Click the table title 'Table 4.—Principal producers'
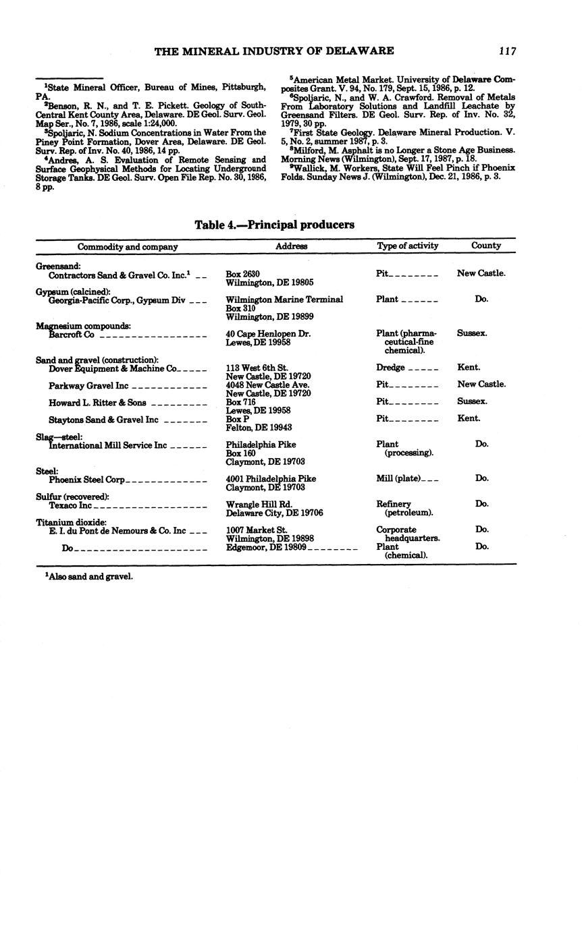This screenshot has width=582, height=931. [x=274, y=225]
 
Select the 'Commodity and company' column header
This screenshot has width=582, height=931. [x=128, y=247]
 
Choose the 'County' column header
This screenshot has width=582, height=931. [x=486, y=246]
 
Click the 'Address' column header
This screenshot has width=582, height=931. [x=292, y=247]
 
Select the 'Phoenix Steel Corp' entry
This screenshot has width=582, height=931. [x=87, y=480]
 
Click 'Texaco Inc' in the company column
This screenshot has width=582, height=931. [x=70, y=505]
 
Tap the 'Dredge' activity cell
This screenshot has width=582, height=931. [x=390, y=368]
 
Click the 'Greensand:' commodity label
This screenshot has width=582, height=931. [x=58, y=266]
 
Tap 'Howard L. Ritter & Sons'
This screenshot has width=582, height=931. [x=97, y=403]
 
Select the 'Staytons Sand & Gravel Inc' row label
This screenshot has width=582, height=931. [x=103, y=420]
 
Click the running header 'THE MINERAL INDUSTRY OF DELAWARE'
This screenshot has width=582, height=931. [x=274, y=51]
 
